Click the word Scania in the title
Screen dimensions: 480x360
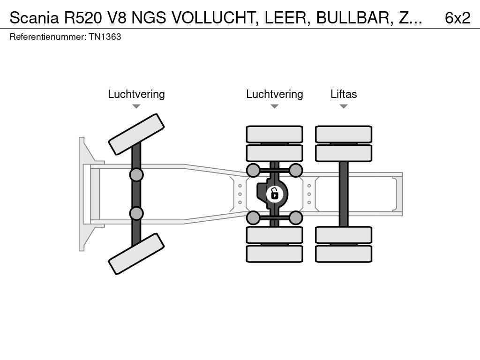tap(34, 18)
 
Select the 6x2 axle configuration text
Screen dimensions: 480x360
tap(457, 18)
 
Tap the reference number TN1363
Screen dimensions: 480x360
tap(105, 37)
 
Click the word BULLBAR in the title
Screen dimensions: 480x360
tap(355, 18)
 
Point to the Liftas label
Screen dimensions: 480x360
tap(344, 94)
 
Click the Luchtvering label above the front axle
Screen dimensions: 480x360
tap(136, 94)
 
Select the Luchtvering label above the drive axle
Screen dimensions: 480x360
tap(275, 94)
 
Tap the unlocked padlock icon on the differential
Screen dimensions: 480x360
tap(275, 194)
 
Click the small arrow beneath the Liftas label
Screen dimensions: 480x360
tap(344, 106)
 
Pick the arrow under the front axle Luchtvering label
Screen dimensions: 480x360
tap(136, 106)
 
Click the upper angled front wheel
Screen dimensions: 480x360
tap(136, 134)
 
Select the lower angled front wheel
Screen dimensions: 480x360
tap(136, 254)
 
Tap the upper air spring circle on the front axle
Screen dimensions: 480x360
tap(136, 175)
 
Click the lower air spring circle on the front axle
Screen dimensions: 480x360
tap(136, 213)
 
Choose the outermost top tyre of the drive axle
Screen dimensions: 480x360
tap(275, 134)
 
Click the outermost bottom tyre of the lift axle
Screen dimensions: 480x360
tap(344, 254)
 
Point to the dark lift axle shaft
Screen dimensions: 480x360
tap(344, 194)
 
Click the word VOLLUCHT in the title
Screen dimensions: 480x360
tap(214, 18)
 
